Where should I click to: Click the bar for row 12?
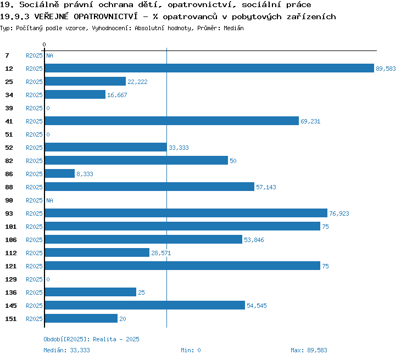[209, 68]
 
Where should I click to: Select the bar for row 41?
[172, 121]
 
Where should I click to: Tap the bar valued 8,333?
[60, 173]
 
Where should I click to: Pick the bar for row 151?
[81, 318]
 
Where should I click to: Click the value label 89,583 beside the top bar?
[386, 69]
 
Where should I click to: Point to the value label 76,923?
[339, 213]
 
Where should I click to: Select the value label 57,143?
[266, 187]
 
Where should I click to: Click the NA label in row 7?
[49, 55]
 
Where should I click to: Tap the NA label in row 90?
[49, 201]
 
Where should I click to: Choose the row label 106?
[11, 240]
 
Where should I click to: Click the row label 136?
[11, 292]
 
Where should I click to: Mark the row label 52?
[9, 148]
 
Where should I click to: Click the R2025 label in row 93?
[34, 213]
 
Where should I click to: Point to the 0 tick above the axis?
[44, 44]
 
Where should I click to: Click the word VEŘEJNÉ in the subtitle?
[51, 16]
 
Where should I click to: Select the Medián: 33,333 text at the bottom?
[66, 350]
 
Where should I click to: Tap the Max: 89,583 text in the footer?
[309, 350]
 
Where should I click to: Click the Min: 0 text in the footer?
[191, 350]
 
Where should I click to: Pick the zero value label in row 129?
[48, 279]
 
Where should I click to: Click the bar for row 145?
[145, 305]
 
